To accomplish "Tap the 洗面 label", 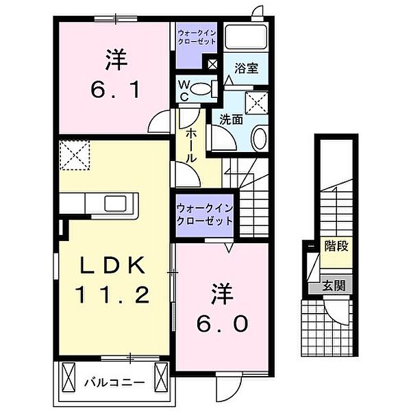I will [231, 119].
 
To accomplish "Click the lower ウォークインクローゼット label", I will [203, 214].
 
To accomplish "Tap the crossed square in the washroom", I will [258, 103].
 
